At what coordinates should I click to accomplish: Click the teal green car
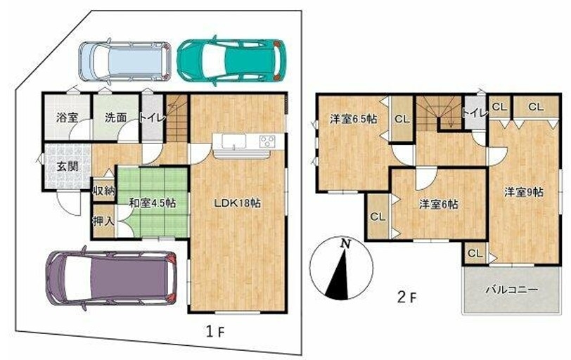(x=231, y=60)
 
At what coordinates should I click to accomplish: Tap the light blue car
(x=125, y=61)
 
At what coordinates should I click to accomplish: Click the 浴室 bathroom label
(x=68, y=117)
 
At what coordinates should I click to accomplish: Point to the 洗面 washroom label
(x=115, y=117)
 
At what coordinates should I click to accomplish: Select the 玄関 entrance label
(x=68, y=167)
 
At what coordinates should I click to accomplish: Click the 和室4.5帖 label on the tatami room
(x=153, y=202)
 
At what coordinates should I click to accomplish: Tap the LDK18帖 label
(x=237, y=202)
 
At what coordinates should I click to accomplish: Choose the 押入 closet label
(x=104, y=221)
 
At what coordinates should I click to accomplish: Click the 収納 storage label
(x=104, y=191)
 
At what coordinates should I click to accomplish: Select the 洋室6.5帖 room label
(x=354, y=119)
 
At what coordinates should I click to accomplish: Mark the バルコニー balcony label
(x=512, y=290)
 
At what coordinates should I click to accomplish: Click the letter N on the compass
(x=345, y=244)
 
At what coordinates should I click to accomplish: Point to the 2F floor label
(x=406, y=297)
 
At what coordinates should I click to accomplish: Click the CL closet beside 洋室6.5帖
(x=402, y=119)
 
